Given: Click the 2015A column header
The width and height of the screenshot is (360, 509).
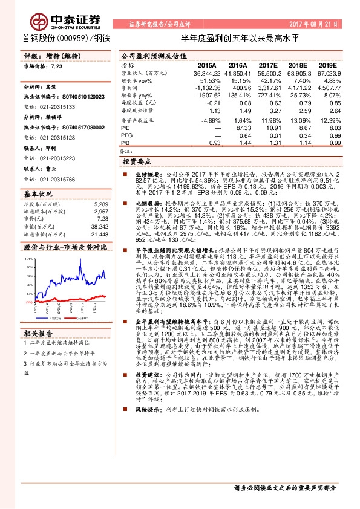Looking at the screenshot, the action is (207, 65).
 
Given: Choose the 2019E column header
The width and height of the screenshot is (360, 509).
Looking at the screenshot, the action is (327, 65).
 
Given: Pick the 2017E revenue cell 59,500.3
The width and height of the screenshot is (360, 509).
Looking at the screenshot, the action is (269, 73).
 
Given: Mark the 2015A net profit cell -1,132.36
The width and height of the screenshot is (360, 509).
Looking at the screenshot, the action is (207, 88).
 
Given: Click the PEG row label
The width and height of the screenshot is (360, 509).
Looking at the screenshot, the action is (126, 135).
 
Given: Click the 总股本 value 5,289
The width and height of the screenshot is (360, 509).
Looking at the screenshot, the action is (101, 204).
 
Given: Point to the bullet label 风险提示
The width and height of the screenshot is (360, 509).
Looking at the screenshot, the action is (146, 460).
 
